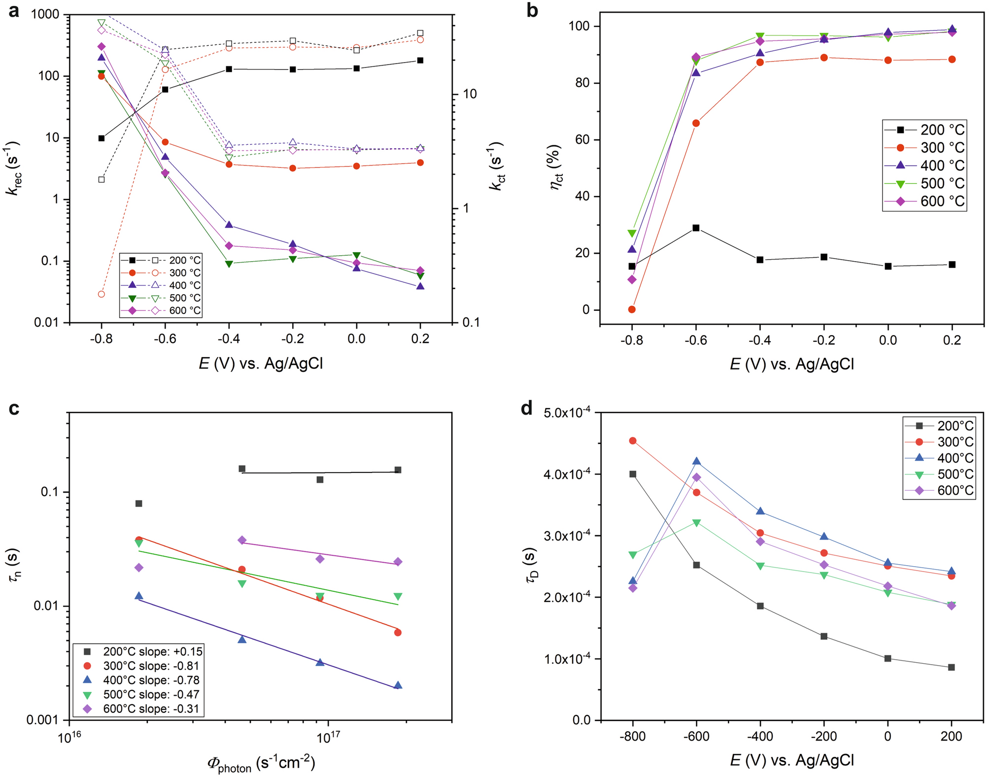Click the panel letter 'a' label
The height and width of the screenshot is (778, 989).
[x=14, y=11]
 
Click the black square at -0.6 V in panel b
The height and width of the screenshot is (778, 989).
[x=696, y=228]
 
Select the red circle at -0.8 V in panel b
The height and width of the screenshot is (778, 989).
[x=632, y=309]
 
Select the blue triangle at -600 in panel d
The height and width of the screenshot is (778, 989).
[x=696, y=461]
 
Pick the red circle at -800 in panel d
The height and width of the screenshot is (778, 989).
[x=633, y=440]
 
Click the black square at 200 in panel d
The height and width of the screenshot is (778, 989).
[x=951, y=667]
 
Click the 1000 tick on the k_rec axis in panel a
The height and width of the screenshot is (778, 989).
[x=45, y=15]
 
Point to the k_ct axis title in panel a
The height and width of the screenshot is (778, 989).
[x=496, y=166]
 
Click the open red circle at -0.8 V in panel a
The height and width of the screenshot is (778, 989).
[x=102, y=294]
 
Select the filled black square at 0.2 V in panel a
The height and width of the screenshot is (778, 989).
[x=420, y=61]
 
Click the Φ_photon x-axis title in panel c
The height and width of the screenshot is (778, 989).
[x=261, y=763]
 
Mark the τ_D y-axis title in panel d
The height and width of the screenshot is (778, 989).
[x=532, y=565]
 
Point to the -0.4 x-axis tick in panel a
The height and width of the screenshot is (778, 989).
[x=229, y=338]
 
